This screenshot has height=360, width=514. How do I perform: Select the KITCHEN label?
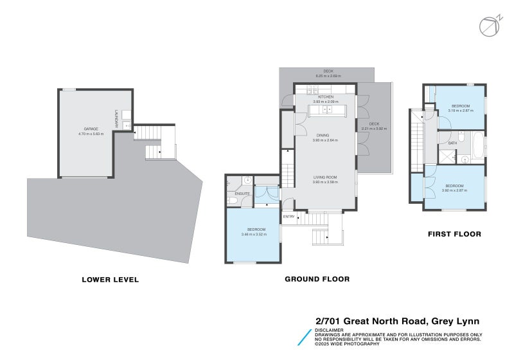[326, 97]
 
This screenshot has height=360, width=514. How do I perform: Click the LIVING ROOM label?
[324, 177]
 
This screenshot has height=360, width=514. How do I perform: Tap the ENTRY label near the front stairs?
[288, 217]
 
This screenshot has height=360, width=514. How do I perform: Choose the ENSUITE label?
[242, 193]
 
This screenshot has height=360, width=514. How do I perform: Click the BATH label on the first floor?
[452, 143]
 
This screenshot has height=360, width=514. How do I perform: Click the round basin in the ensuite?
[247, 181]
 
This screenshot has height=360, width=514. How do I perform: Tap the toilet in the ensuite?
[233, 201]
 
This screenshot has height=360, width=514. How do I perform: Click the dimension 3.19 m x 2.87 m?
[460, 111]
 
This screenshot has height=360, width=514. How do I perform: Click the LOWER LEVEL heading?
[110, 280]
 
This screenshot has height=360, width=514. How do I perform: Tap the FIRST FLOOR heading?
[454, 234]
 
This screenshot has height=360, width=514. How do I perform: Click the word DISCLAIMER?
[330, 330]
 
